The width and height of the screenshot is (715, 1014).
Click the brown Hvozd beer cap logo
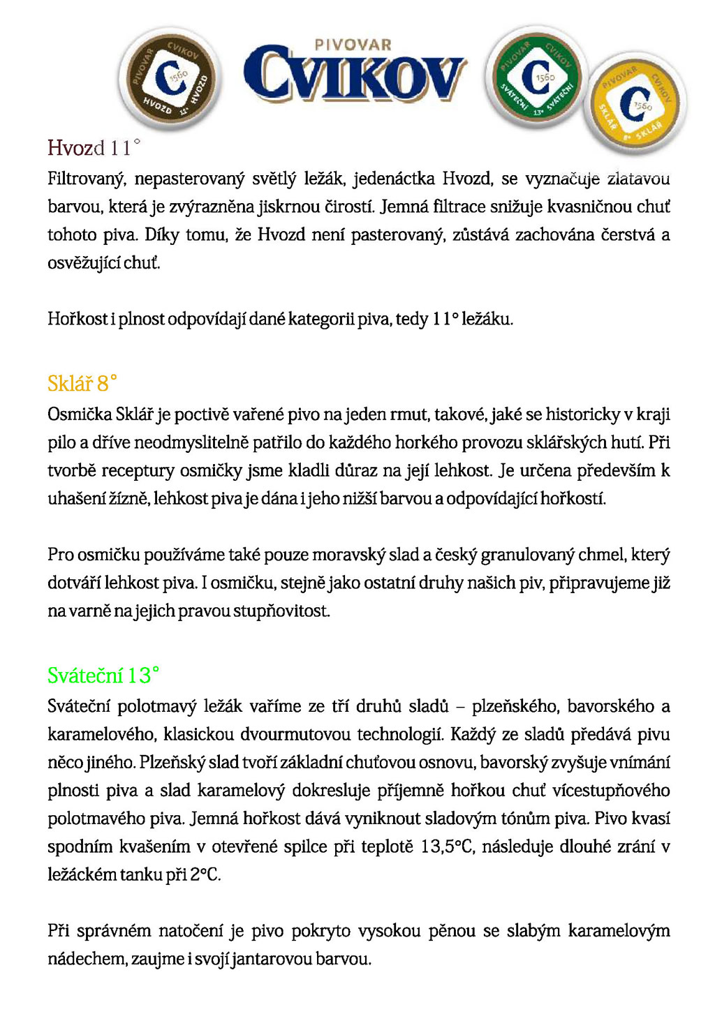[170, 79]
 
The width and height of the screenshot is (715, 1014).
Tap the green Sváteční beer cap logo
[537, 76]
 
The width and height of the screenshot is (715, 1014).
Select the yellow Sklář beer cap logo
[635, 103]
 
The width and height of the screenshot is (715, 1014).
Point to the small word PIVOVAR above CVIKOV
[353, 45]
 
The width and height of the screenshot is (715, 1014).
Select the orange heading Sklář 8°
[82, 383]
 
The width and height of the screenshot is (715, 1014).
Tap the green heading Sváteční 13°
[103, 675]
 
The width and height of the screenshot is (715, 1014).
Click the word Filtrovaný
[86, 179]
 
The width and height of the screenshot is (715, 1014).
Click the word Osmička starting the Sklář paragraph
[80, 415]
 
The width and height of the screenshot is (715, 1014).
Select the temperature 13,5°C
[448, 847]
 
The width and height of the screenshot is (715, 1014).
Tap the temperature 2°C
[205, 874]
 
